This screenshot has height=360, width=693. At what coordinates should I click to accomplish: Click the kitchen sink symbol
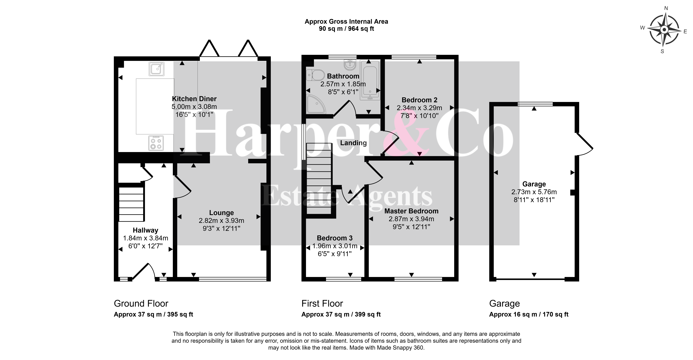pyautogui.click(x=156, y=69)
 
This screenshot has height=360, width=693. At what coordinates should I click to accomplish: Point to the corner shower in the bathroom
pyautogui.click(x=316, y=104)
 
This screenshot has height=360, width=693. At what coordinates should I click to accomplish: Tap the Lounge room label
pyautogui.click(x=221, y=213)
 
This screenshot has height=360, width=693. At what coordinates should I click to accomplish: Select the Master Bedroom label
pyautogui.click(x=411, y=211)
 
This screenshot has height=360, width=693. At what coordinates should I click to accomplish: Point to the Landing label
pyautogui.click(x=353, y=143)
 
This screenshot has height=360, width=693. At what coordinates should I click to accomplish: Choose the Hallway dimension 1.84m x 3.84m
pyautogui.click(x=146, y=238)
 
